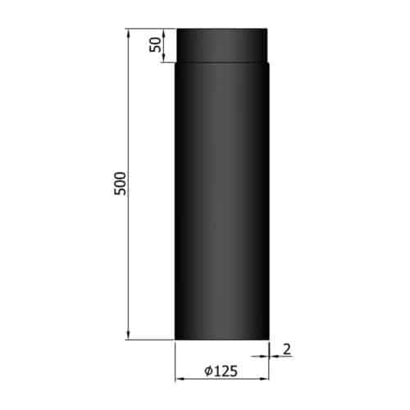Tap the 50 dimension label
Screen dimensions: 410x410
[x=153, y=46]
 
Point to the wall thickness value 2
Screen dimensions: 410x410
[x=288, y=348]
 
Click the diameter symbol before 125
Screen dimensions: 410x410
[x=207, y=371]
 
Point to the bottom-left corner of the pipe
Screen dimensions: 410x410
[x=175, y=338]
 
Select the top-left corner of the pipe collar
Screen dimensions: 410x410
[x=178, y=30]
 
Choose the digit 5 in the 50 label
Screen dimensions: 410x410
[x=153, y=50]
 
